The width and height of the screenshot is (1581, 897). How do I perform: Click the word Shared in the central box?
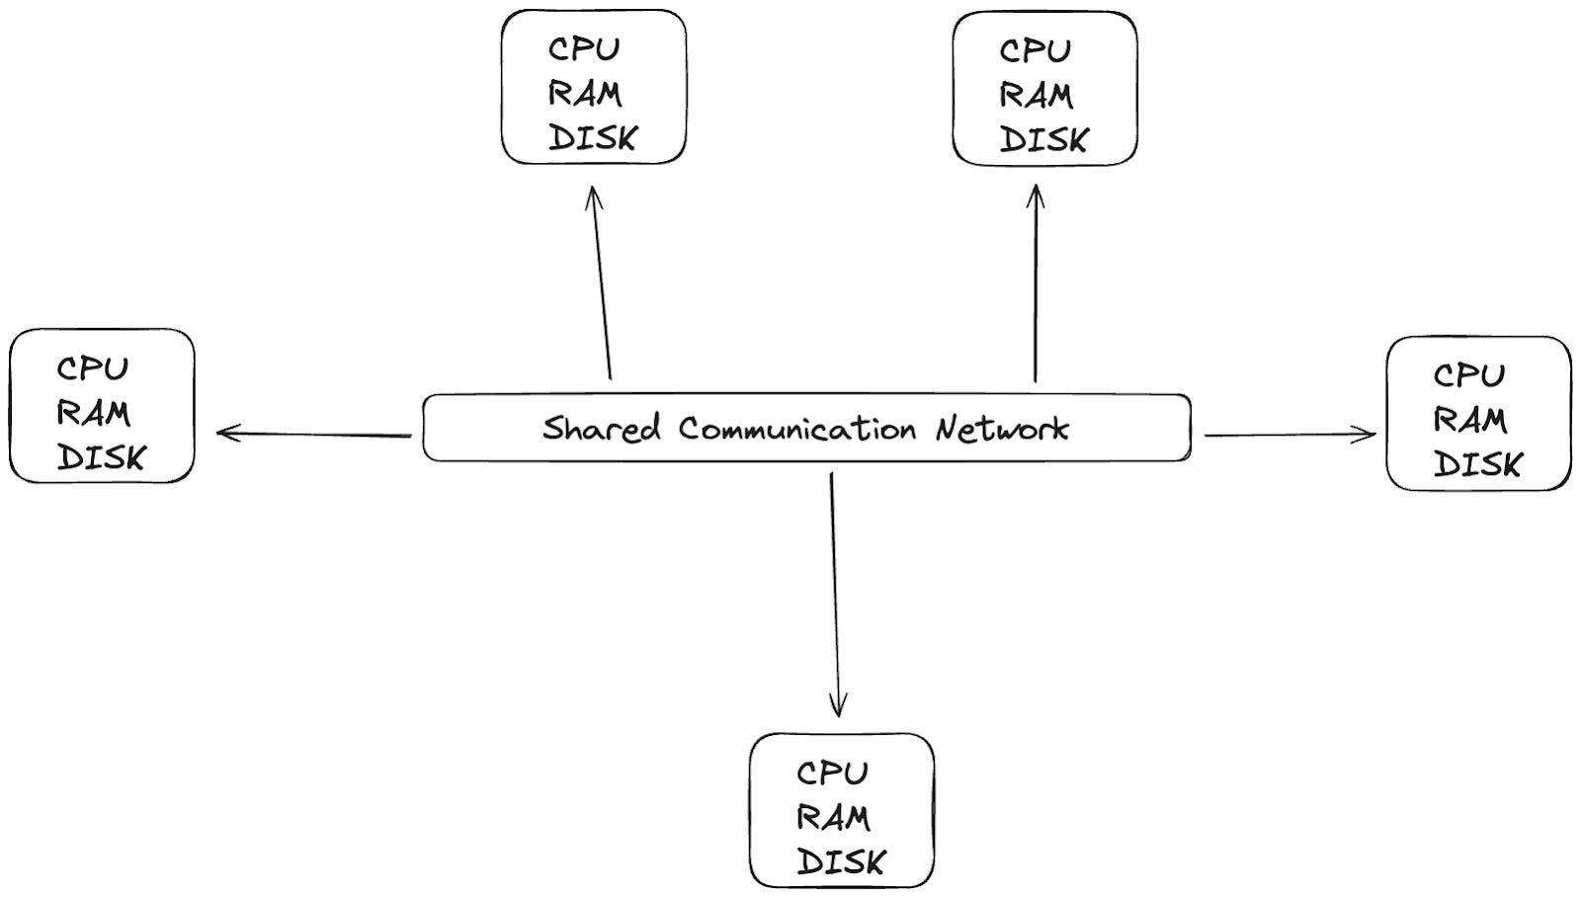tap(600, 429)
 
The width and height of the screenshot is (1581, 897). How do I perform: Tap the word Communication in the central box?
tap(796, 429)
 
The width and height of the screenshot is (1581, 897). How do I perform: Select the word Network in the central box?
tap(1002, 429)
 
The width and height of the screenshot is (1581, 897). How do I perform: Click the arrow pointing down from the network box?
tap(835, 593)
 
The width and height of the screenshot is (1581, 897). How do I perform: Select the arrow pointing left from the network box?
tap(313, 434)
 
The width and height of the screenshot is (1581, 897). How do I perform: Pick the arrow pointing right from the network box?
tap(1290, 434)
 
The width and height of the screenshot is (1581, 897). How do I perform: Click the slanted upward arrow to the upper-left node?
tap(602, 282)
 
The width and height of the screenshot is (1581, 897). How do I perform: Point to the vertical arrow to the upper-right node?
tap(1035, 282)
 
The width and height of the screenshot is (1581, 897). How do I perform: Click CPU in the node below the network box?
tap(832, 773)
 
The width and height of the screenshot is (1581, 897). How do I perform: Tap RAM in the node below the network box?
tap(833, 818)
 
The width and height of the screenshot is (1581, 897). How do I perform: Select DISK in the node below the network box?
tap(841, 862)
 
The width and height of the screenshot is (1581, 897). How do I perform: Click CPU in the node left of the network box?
tap(92, 368)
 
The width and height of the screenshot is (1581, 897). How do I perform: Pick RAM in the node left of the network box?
tap(93, 413)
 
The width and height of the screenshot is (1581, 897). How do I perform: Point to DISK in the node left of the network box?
tap(101, 457)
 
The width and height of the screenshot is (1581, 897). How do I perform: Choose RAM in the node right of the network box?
tap(1469, 420)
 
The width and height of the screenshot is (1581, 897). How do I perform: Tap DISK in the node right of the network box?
tap(1477, 464)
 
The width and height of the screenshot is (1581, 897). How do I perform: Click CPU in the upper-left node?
tap(584, 48)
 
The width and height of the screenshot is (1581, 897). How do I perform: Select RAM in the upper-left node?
tap(585, 94)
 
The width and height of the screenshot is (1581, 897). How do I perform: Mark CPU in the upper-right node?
tap(1035, 50)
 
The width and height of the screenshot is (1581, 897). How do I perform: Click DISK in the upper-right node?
tap(1043, 140)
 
